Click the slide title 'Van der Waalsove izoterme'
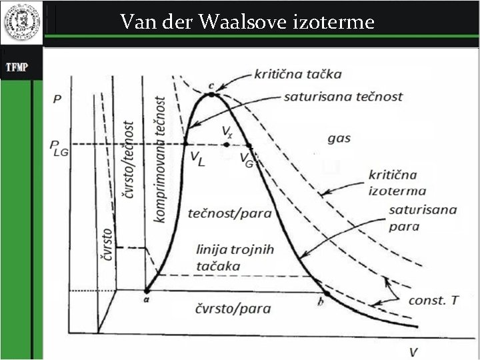[x=247, y=22]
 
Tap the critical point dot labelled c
[x=211, y=95]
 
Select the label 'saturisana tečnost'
[x=343, y=97]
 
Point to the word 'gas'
[x=339, y=139]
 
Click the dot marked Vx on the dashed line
[x=227, y=144]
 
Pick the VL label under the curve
[x=197, y=158]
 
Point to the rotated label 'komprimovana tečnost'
[x=160, y=159]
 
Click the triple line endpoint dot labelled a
[x=147, y=291]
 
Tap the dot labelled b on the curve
[x=327, y=293]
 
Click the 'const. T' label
[x=433, y=301]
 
